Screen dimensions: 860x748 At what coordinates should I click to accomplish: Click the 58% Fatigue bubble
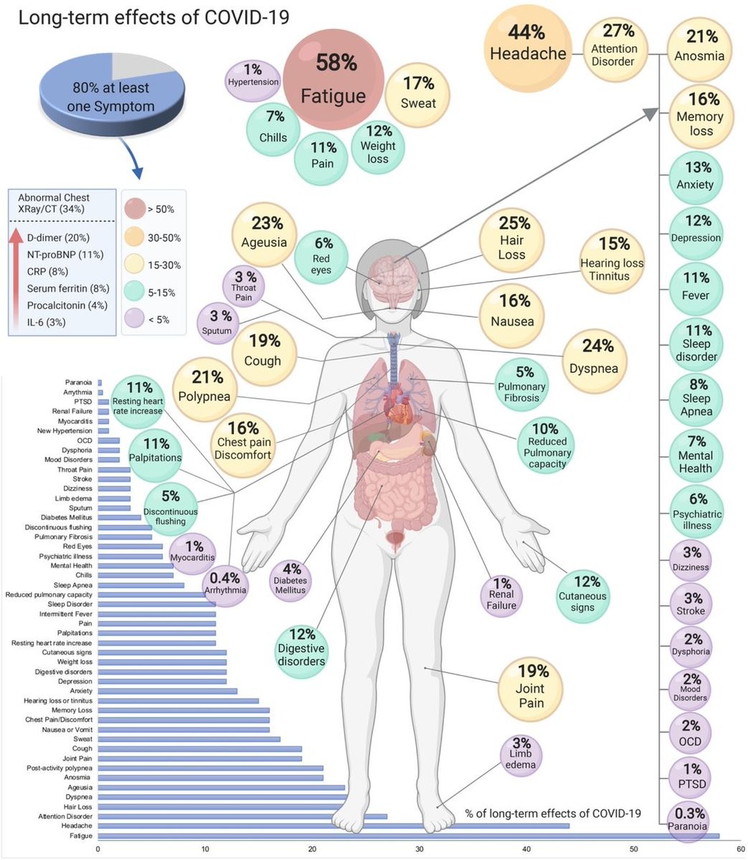coord(333,79)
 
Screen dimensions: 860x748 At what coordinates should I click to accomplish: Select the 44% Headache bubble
coord(528,43)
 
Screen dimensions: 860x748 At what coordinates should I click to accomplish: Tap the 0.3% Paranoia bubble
coord(688,819)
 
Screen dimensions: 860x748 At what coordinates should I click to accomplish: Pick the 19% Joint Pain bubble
coord(531,686)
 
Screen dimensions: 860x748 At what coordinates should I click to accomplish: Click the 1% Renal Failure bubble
coord(501,594)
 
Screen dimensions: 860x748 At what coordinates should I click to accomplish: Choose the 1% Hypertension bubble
coord(252,75)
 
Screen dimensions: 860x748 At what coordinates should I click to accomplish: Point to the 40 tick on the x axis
coord(526,849)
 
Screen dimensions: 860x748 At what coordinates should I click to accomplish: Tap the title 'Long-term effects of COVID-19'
coord(153,16)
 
